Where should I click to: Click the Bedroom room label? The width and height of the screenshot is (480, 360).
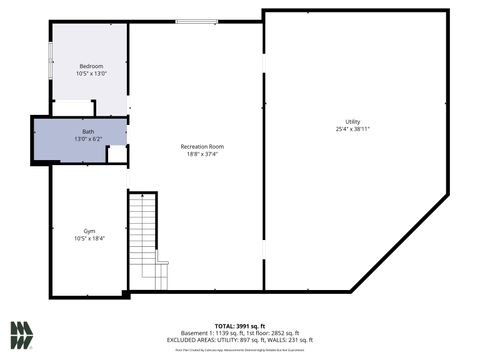click(91, 66)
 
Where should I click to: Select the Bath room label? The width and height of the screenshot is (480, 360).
click(89, 131)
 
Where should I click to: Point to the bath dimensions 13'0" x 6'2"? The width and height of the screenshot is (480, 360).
click(89, 139)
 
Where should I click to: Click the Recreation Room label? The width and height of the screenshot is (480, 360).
click(202, 146)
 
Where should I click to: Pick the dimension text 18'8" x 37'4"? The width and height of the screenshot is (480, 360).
click(202, 154)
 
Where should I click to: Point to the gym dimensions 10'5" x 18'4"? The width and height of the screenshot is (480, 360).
click(88, 238)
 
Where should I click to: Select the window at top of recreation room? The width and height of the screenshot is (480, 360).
click(196, 21)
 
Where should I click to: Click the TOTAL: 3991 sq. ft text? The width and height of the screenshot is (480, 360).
click(241, 326)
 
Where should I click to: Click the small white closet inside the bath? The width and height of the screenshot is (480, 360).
click(117, 154)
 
